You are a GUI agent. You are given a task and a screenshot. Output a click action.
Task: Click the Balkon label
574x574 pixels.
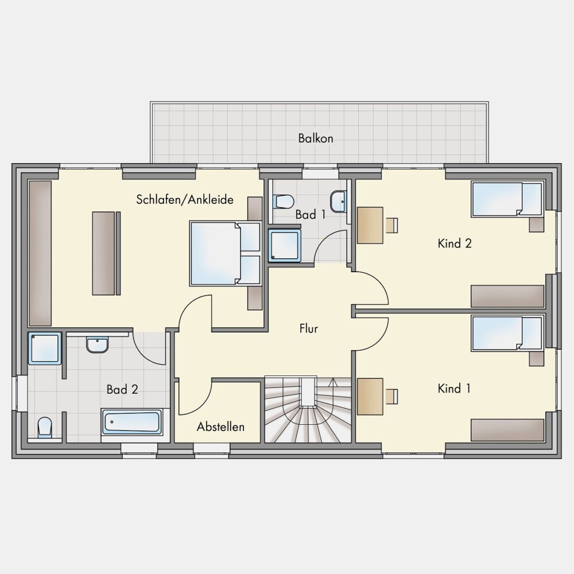pyautogui.click(x=316, y=138)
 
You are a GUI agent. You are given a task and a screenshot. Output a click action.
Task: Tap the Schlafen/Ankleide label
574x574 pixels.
pyautogui.click(x=185, y=200)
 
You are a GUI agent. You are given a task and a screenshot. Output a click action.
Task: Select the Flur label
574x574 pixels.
pyautogui.click(x=309, y=328)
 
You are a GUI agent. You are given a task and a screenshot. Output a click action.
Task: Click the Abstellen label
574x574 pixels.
pyautogui.click(x=220, y=426)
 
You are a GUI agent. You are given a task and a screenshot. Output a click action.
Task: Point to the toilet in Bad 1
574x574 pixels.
pyautogui.click(x=284, y=201)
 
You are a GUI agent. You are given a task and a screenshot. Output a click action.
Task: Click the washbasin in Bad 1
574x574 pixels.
pyautogui.click(x=339, y=201)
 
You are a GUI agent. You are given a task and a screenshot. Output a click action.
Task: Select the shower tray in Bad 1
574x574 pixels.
pyautogui.click(x=285, y=246)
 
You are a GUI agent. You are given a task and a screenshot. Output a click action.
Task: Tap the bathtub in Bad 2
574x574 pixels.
pyautogui.click(x=132, y=422)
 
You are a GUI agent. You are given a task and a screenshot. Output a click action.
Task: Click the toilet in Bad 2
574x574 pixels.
pyautogui.click(x=45, y=427)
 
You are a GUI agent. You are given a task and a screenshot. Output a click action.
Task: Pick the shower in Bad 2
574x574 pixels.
pyautogui.click(x=45, y=348)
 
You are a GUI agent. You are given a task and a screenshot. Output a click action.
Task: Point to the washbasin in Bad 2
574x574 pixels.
pyautogui.click(x=98, y=345)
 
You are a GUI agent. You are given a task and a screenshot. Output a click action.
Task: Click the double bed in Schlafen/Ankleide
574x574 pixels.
pyautogui.click(x=225, y=253)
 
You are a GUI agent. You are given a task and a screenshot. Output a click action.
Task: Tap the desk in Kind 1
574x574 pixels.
pyautogui.click(x=370, y=397)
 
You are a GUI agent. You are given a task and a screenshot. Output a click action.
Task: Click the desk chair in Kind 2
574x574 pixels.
pyautogui.click(x=391, y=225)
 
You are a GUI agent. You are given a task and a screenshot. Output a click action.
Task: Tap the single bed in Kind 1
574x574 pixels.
pyautogui.click(x=507, y=334)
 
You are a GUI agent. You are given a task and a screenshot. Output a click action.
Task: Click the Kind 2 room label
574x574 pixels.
pyautogui.click(x=455, y=243)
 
